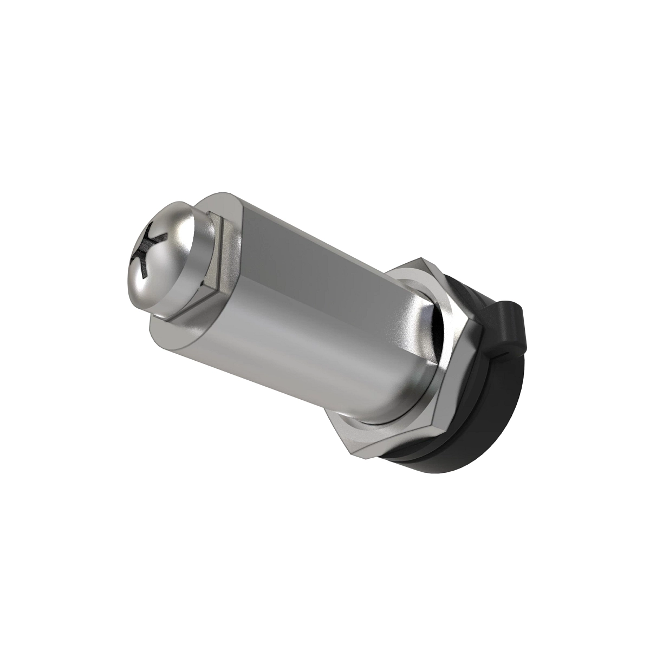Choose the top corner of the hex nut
pos(420,259)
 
